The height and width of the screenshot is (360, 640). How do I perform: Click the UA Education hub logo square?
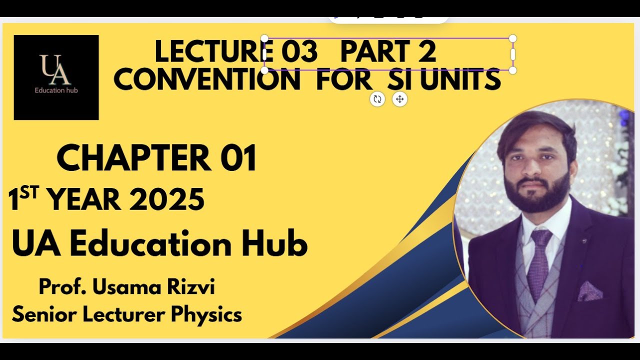pos(56,77)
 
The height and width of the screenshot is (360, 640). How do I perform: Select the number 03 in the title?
pos(299,52)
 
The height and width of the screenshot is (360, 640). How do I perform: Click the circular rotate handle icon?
pos(377,99)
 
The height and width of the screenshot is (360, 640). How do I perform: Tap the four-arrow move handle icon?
pos(399,99)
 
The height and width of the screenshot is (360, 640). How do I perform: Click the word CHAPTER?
pos(134,158)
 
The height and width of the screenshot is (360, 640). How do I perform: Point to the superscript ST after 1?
pos(30,193)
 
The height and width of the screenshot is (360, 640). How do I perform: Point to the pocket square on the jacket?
pos(589,291)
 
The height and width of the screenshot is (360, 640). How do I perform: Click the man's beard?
pos(537,192)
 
